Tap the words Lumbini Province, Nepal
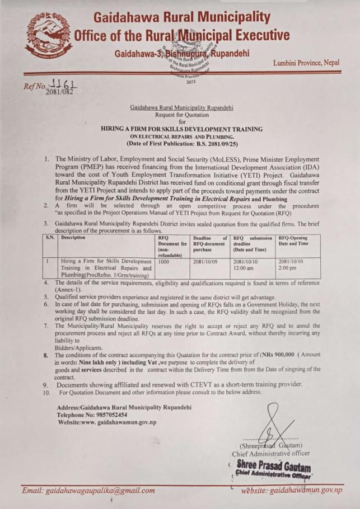[x=314, y=63]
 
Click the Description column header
[x=73, y=238]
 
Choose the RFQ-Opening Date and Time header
[x=296, y=241]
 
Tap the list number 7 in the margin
[x=46, y=325]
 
